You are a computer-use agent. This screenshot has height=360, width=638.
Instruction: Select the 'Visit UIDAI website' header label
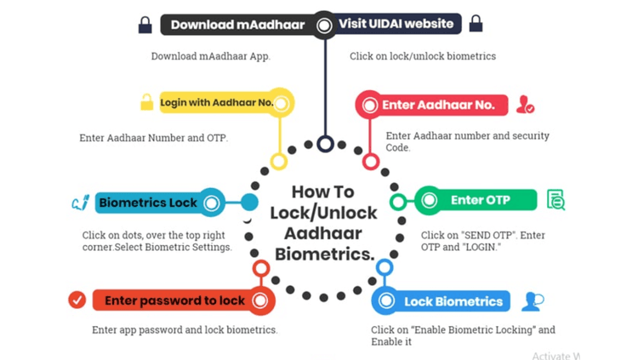[x=396, y=24]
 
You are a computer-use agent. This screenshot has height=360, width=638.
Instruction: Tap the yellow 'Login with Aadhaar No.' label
[x=216, y=103]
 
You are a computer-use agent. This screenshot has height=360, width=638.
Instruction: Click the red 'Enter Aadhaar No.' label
[x=438, y=105]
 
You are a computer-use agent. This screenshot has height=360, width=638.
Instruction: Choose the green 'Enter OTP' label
[x=480, y=201]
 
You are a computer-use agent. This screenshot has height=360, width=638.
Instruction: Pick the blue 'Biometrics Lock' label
[x=148, y=203]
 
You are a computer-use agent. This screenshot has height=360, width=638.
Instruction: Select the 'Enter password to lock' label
[x=174, y=300]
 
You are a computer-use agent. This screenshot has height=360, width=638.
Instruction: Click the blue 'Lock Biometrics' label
[x=453, y=301]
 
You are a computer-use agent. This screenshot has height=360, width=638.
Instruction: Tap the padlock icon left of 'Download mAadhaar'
[x=145, y=25]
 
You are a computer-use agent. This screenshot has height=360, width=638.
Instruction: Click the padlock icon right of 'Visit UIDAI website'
[x=476, y=23]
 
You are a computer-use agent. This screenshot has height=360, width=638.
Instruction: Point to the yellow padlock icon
[x=146, y=102]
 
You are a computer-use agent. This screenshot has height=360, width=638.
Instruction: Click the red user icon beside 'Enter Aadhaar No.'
[x=526, y=106]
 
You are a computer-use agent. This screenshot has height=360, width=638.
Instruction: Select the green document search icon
[x=556, y=200]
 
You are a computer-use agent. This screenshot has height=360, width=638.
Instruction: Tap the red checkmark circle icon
[x=77, y=300]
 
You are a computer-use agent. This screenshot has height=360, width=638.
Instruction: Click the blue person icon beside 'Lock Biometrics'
[x=533, y=301]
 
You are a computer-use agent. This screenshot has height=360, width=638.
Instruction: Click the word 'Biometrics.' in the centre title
[x=325, y=254]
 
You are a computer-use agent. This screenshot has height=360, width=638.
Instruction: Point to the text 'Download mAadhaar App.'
[x=211, y=56]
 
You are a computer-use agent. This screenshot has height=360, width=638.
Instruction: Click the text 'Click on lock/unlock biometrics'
[x=423, y=56]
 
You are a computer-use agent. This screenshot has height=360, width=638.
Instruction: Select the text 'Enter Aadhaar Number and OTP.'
[x=154, y=138]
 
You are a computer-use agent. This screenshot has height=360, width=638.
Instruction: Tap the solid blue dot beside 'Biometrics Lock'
[x=249, y=202]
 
